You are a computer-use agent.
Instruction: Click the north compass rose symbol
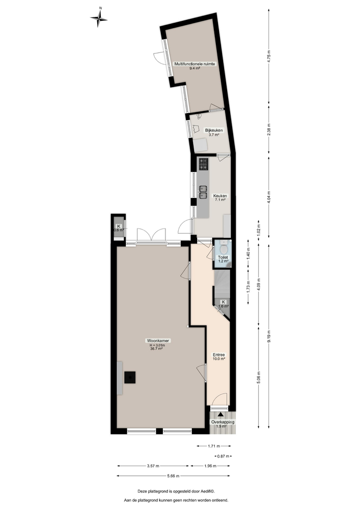[x=99, y=18]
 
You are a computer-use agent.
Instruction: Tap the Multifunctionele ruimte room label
[x=194, y=64]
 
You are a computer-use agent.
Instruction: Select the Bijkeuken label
[x=214, y=130]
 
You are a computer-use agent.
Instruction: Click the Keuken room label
[x=220, y=195]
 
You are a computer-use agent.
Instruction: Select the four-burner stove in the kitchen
[x=204, y=163]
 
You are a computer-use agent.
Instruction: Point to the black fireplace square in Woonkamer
[x=131, y=377]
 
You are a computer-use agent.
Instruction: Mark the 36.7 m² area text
[x=156, y=349]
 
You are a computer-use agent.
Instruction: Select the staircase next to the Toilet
[x=221, y=282]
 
